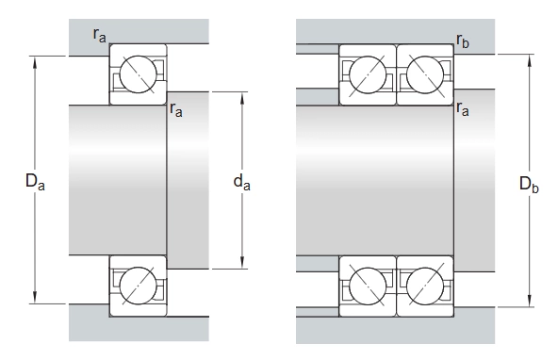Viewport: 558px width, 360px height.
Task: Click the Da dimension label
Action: coord(35,181)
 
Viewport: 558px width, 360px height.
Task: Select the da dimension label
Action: coord(241,182)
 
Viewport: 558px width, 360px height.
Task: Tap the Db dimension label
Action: coord(529,184)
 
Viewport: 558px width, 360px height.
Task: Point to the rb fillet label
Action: coord(463,41)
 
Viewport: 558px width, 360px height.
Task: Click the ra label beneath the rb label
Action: coord(463,109)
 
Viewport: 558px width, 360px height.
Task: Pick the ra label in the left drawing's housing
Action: coord(99,35)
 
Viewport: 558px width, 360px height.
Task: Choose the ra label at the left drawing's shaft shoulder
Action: coord(176,109)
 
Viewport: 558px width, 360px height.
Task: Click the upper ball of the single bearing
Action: coord(138,74)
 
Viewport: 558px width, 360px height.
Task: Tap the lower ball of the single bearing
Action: coord(138,286)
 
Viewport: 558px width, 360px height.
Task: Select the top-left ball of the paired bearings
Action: coord(368,75)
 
